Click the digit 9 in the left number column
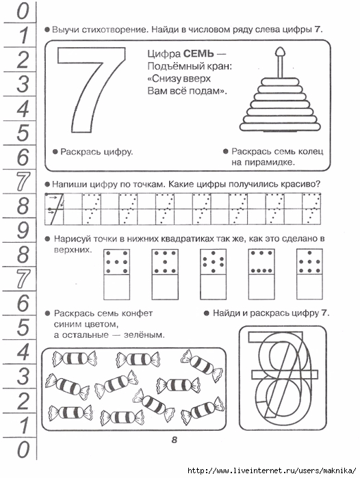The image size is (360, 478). [23, 230]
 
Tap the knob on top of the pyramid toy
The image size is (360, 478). [279, 52]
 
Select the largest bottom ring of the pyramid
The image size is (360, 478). [280, 127]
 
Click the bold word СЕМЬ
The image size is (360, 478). [198, 54]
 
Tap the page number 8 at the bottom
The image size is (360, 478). [175, 440]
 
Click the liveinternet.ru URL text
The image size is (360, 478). [272, 470]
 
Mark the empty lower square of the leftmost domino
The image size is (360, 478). [116, 287]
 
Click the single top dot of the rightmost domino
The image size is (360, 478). [309, 253]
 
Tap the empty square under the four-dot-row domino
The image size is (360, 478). [261, 287]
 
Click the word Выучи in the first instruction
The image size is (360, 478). [65, 30]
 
